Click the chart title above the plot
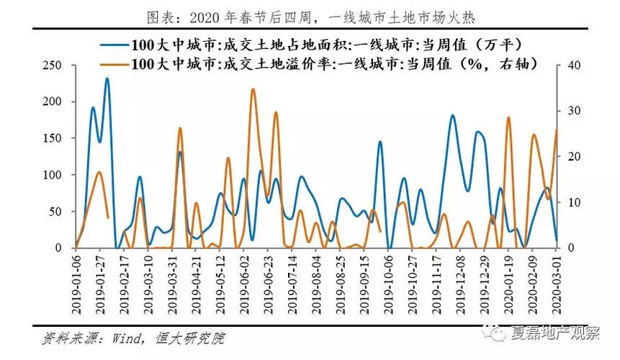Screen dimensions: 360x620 [x=310, y=15]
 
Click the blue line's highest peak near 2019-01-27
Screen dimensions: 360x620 [x=107, y=78]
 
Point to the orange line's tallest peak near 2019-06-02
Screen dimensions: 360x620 [x=253, y=89]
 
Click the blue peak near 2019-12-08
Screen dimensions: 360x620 [x=452, y=115]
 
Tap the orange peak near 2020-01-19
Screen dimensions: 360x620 [x=508, y=117]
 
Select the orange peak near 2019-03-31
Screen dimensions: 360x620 [x=180, y=128]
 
